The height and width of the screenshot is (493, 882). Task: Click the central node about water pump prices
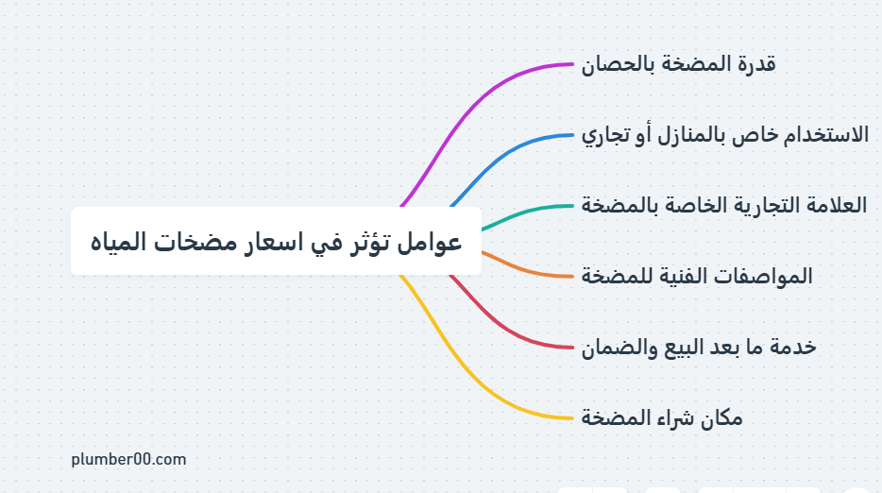[x=276, y=241]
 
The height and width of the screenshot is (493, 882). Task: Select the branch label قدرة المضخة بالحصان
[x=678, y=64]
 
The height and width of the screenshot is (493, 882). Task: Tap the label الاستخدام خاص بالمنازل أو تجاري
[x=725, y=135]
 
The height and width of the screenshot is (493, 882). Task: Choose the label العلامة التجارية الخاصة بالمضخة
[x=724, y=206]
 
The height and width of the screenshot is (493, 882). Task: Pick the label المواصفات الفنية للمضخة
[x=697, y=277]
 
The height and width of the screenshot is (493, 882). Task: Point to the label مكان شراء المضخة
[x=662, y=418]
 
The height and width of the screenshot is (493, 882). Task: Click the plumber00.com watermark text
[x=128, y=459]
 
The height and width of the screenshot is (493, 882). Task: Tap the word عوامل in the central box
[x=430, y=243]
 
